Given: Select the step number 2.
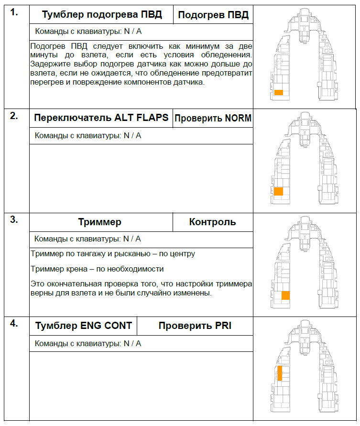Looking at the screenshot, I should point(14,116).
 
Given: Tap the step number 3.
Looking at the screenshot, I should point(14,220).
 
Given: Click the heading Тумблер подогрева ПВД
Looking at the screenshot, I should point(102,15).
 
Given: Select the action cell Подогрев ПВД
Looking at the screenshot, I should point(213,15).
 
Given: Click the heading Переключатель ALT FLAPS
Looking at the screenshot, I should point(101,118).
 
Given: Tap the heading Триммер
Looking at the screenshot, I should point(99,222).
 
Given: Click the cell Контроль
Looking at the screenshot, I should point(212,222).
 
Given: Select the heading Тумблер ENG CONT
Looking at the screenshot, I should point(84,326).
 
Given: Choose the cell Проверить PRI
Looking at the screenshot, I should point(195,326).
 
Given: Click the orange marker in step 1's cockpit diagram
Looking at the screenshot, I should point(279,92).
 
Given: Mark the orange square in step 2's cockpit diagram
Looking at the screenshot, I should point(279,191).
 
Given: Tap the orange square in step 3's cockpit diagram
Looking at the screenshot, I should point(286,295).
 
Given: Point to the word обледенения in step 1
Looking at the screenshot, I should point(225,55).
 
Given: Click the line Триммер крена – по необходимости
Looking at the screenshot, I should point(97,269).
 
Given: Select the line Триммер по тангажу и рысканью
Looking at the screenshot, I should point(112,254).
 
